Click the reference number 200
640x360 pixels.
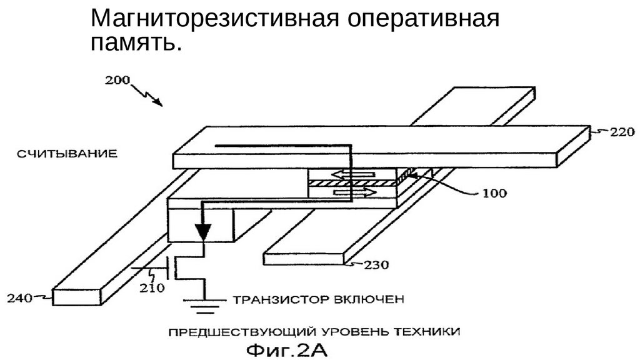[117, 80]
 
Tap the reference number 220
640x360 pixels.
[622, 132]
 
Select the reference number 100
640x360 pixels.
[494, 193]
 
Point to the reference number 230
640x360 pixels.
[376, 265]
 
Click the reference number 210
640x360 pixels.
[152, 288]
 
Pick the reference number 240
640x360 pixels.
[19, 298]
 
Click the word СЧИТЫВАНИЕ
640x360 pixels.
[67, 154]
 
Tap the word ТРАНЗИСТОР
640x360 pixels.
[281, 299]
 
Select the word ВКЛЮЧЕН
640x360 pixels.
[369, 299]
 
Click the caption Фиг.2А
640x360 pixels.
[287, 350]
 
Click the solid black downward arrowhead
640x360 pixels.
[203, 232]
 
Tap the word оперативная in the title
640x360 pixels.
[423, 19]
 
